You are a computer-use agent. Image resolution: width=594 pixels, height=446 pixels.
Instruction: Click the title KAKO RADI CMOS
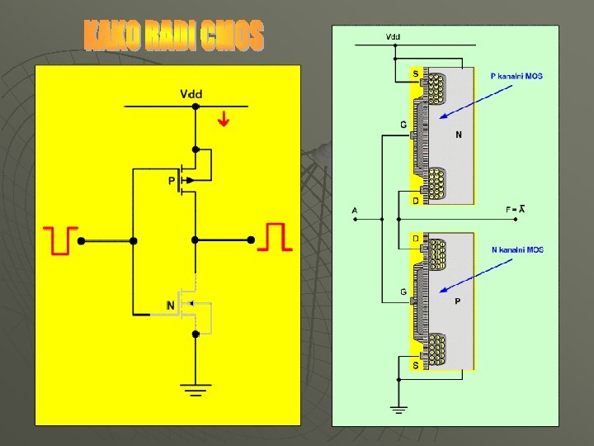click(174, 37)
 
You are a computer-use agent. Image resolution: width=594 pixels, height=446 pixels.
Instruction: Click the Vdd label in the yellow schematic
click(191, 94)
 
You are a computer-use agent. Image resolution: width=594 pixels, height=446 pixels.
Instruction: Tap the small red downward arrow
click(224, 121)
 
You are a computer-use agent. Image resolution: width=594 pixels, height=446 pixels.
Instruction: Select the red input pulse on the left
click(61, 239)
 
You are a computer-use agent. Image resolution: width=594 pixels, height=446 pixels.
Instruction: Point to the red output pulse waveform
click(276, 237)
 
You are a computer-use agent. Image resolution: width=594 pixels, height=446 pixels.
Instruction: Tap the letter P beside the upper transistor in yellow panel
click(172, 179)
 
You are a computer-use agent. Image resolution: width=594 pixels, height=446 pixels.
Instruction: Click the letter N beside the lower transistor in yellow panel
click(170, 306)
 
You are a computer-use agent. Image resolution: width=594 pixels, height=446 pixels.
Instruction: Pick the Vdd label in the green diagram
click(394, 37)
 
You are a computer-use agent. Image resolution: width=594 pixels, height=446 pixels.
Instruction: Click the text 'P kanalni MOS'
click(516, 77)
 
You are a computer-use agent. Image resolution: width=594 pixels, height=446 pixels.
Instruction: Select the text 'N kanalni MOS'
click(517, 249)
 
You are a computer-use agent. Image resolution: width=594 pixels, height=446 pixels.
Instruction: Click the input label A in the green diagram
click(354, 211)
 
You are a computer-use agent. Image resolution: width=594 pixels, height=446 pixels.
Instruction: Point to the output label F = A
click(516, 210)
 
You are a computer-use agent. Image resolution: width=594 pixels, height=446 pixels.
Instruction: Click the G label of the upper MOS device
click(403, 125)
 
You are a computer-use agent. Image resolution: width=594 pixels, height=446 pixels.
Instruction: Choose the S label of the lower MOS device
click(415, 363)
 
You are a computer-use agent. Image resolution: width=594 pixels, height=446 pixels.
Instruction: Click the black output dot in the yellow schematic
click(250, 240)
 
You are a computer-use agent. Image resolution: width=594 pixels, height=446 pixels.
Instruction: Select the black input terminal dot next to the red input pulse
click(81, 240)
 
